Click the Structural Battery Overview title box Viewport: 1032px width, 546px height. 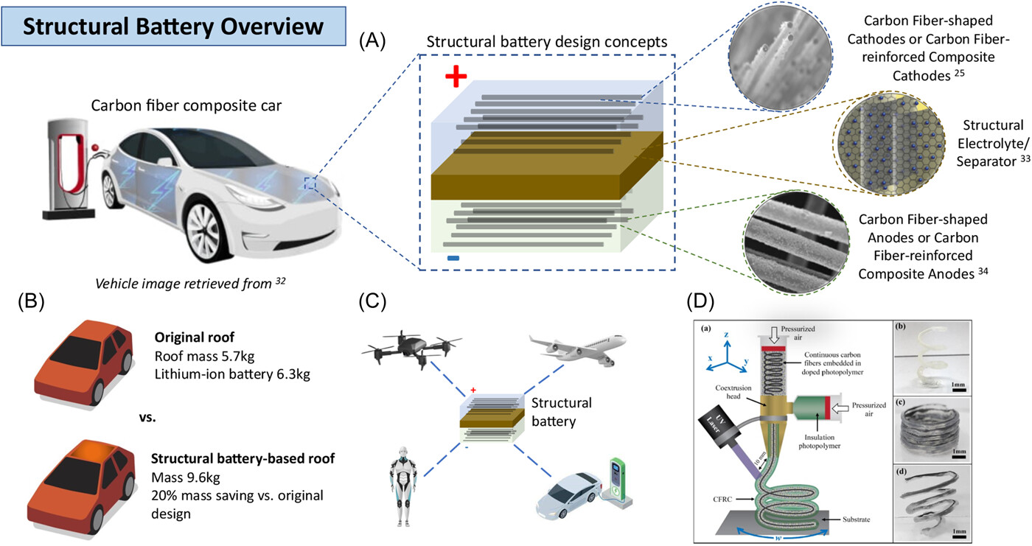(x=173, y=28)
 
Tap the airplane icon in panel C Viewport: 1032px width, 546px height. (x=578, y=346)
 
